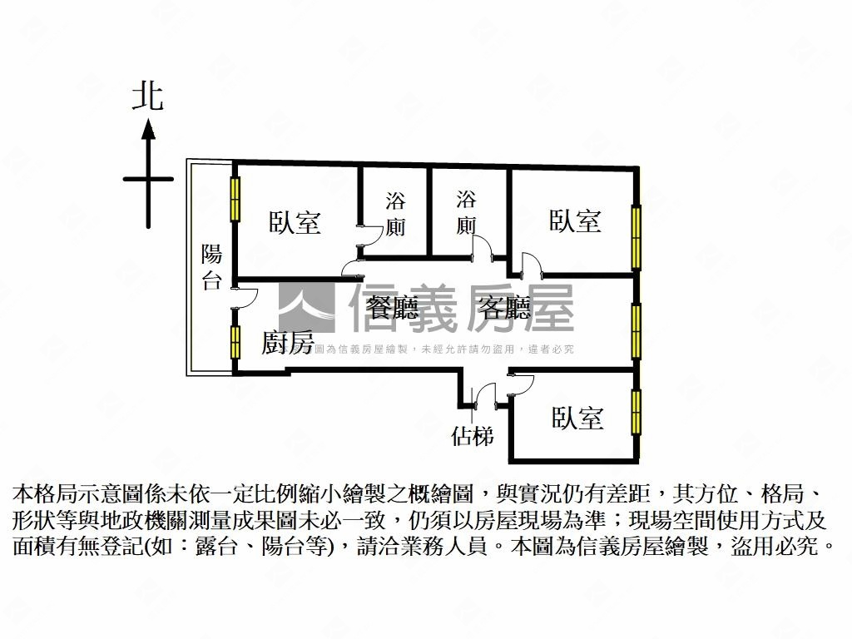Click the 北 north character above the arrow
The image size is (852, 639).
pyautogui.click(x=148, y=97)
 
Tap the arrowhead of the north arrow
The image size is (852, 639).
pyautogui.click(x=148, y=129)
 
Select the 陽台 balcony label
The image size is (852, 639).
pyautogui.click(x=212, y=267)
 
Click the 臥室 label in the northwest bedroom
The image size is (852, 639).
pyautogui.click(x=295, y=222)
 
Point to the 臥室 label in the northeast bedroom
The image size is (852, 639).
pyautogui.click(x=575, y=220)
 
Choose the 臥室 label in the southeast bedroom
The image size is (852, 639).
pyautogui.click(x=577, y=418)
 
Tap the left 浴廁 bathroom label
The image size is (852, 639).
pyautogui.click(x=395, y=214)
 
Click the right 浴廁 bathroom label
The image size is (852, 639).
pyautogui.click(x=466, y=212)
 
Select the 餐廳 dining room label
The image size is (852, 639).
pyautogui.click(x=393, y=309)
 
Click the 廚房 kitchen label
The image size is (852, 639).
pyautogui.click(x=287, y=343)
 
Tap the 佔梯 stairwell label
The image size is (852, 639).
pyautogui.click(x=472, y=435)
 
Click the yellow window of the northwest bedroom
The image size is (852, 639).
pyautogui.click(x=235, y=200)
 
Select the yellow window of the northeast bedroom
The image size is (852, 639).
pyautogui.click(x=637, y=238)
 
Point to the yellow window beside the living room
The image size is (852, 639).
pyautogui.click(x=637, y=330)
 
